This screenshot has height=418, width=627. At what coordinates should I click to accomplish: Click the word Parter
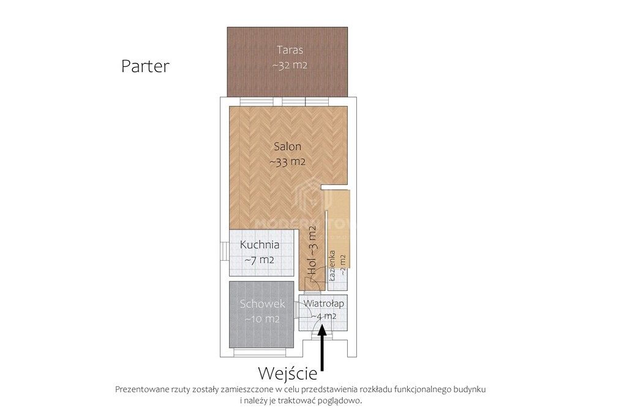coord(145,66)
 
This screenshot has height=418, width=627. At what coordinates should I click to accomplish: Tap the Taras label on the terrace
coord(290,50)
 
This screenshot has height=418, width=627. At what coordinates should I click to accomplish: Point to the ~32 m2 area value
coord(290,65)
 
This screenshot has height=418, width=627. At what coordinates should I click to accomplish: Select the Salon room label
coord(287,147)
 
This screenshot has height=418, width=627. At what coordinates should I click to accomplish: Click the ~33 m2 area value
coord(287,162)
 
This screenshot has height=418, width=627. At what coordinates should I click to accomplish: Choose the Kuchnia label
coord(260,245)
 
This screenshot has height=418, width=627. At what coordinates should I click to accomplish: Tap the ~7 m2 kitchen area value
coord(259,259)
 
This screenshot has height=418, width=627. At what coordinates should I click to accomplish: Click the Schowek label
coord(263,304)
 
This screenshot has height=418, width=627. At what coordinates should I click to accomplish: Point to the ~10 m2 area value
coord(263,319)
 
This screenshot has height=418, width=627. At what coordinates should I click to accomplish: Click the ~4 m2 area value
coord(323,316)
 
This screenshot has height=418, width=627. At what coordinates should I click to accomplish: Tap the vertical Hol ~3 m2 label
coord(312,251)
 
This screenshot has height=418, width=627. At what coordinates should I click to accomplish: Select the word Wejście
coord(288,373)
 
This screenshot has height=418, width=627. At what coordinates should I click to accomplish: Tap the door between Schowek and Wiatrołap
coord(296,309)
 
